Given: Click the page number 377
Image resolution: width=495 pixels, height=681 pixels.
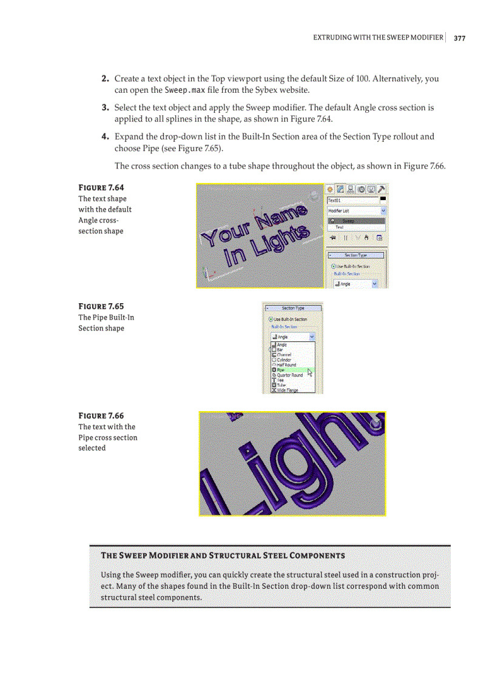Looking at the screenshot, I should tap(459, 38).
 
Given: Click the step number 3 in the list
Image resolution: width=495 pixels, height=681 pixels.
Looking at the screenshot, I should tap(104, 108).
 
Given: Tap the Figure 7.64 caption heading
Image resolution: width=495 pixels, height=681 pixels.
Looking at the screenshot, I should tap(101, 187).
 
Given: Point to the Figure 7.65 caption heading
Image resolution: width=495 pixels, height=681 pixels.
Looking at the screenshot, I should tap(101, 306).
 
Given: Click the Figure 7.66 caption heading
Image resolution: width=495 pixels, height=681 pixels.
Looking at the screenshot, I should tap(101, 415).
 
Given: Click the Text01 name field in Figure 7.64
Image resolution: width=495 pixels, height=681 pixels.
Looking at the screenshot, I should tap(351, 200).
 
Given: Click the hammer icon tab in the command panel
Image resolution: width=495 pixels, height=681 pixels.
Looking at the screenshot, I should tap(382, 189).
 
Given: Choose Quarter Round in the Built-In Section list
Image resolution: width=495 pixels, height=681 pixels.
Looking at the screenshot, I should tap(289, 375).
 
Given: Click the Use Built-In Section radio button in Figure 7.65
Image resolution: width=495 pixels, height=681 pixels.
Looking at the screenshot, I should tap(271, 319).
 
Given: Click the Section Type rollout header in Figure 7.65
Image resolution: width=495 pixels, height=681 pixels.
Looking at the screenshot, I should tap(293, 308).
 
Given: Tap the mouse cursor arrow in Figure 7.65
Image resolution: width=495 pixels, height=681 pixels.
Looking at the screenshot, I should tap(309, 372).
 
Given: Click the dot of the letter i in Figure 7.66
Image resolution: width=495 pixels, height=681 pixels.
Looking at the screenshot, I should tap(246, 449).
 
